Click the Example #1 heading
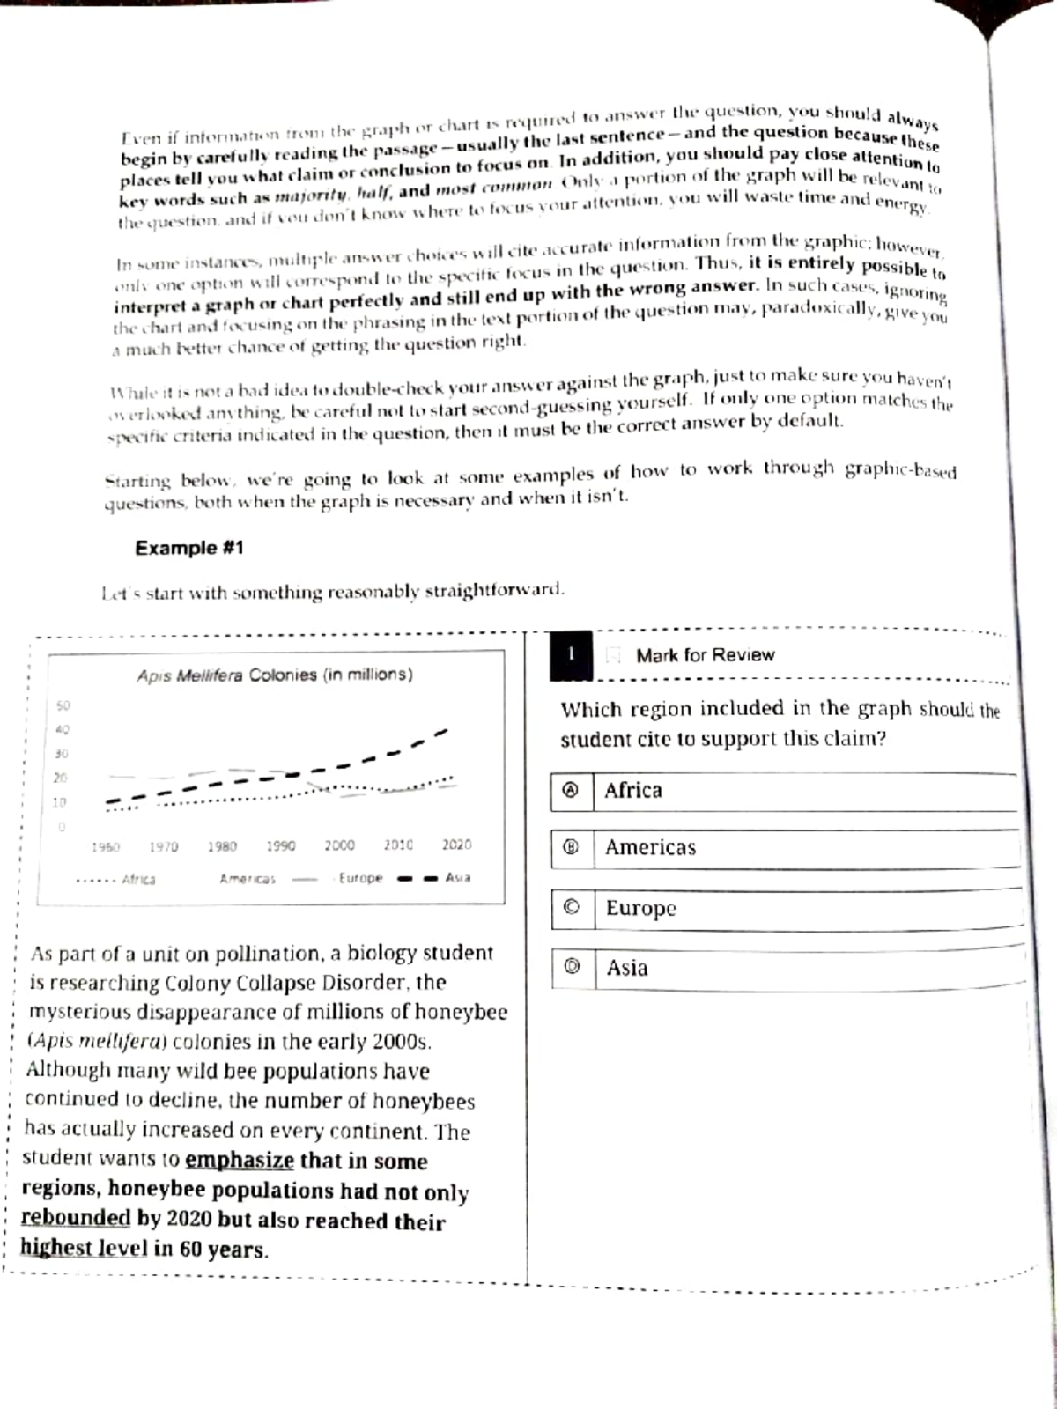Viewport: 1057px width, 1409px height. (189, 548)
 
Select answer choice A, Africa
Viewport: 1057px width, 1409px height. (632, 791)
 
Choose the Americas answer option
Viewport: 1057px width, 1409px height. (650, 848)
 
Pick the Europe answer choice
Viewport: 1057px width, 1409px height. (640, 908)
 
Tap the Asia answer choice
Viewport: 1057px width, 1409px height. (627, 968)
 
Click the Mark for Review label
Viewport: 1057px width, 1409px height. (705, 655)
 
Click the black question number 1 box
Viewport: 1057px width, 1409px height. (571, 655)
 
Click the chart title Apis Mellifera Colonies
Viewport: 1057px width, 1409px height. (275, 675)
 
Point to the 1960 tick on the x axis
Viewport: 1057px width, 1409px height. (106, 846)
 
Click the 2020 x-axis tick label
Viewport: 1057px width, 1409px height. (456, 845)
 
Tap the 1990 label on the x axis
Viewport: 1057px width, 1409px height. (281, 845)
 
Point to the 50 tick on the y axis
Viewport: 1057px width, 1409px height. (63, 705)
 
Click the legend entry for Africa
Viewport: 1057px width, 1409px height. (138, 879)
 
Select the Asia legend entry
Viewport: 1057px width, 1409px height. (458, 878)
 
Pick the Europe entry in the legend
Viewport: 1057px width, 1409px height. (360, 878)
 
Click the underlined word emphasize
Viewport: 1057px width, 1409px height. (239, 1160)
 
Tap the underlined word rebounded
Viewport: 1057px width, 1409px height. (76, 1218)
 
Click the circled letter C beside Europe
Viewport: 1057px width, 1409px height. (572, 908)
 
